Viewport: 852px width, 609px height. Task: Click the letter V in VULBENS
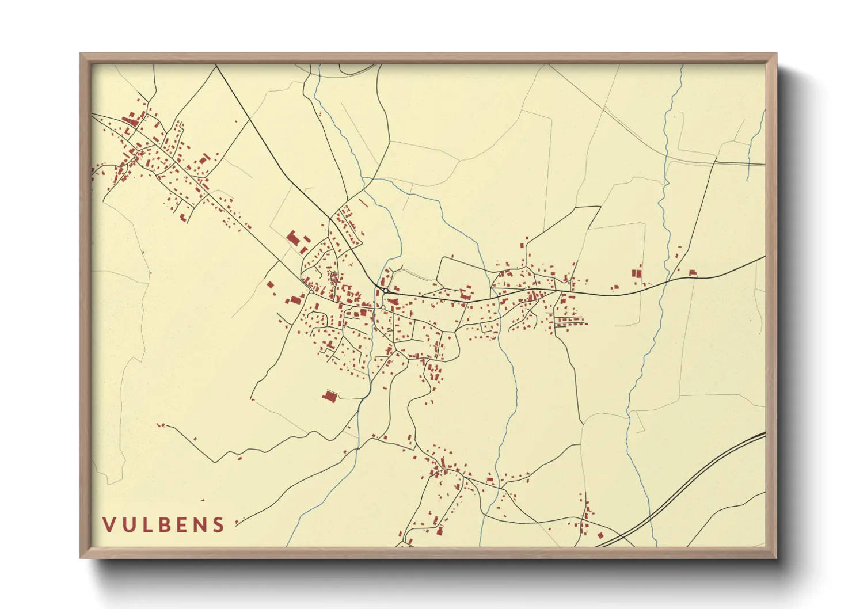[109, 524]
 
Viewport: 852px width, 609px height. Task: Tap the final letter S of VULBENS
[218, 524]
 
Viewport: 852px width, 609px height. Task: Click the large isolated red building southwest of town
[330, 396]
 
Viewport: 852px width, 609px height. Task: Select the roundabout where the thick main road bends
[384, 291]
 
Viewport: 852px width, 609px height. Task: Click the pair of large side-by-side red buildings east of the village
[636, 273]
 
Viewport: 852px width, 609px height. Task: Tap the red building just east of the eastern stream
[693, 272]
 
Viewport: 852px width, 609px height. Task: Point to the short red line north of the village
[363, 203]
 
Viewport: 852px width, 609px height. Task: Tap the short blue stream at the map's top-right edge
[755, 144]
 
